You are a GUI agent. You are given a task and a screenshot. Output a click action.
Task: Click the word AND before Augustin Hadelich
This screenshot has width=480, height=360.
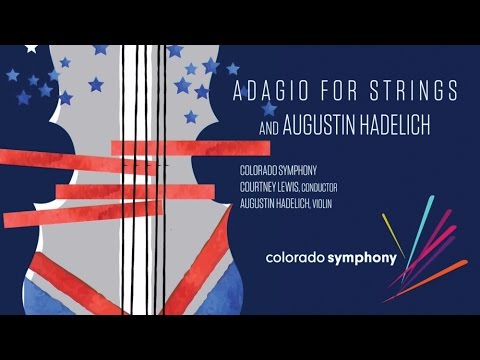[x=248, y=124]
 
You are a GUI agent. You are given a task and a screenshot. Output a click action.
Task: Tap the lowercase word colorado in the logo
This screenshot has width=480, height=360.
[x=300, y=257]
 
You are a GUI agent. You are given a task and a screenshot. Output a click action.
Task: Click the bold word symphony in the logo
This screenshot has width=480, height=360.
[x=366, y=257]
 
